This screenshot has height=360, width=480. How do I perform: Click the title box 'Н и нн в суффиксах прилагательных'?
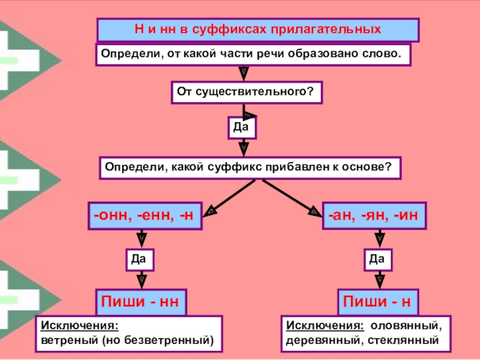258,29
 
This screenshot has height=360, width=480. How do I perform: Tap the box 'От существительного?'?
246,92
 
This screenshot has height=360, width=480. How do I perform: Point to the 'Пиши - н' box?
377,302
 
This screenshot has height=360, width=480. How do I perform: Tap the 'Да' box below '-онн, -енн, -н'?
140,259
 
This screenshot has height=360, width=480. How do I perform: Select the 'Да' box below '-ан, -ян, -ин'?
377,259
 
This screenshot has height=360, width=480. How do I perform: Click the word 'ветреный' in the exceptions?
68,340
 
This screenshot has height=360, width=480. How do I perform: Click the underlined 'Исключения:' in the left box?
79,326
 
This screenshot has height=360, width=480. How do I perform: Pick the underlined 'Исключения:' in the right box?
325,326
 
